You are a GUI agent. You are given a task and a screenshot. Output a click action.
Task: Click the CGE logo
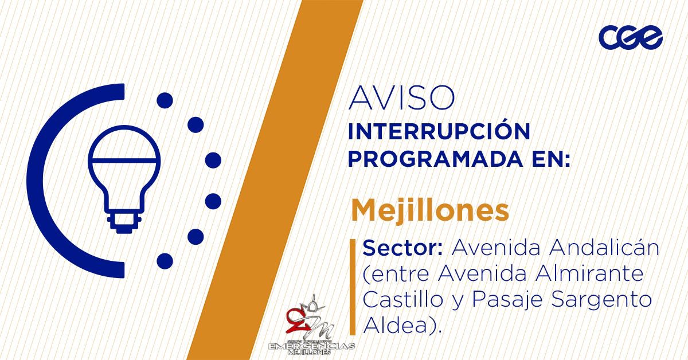[x=631, y=37]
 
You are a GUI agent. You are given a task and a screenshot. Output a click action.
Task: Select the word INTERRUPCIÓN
[x=439, y=132]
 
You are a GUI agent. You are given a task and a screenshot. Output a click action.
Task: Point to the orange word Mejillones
[x=430, y=210]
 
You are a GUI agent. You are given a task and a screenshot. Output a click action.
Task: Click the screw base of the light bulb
[x=124, y=221]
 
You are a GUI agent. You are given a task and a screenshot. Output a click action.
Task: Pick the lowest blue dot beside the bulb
[x=165, y=261]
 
